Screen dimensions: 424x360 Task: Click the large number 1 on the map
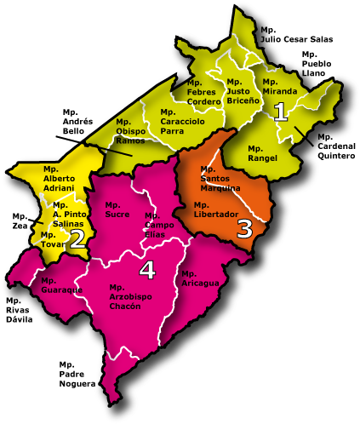pos(281,111)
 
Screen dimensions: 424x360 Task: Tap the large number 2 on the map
pos(77,238)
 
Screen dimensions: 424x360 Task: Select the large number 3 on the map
pos(245,228)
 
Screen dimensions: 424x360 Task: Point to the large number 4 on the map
pos(147,270)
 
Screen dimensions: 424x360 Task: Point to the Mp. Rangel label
pos(263,153)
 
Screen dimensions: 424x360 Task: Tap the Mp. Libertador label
pos(216,209)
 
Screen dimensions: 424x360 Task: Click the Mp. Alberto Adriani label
pos(59,183)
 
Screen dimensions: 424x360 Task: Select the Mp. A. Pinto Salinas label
pos(68,214)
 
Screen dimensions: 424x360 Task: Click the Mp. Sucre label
pos(117,209)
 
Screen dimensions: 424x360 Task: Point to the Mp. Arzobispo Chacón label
pos(130,296)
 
